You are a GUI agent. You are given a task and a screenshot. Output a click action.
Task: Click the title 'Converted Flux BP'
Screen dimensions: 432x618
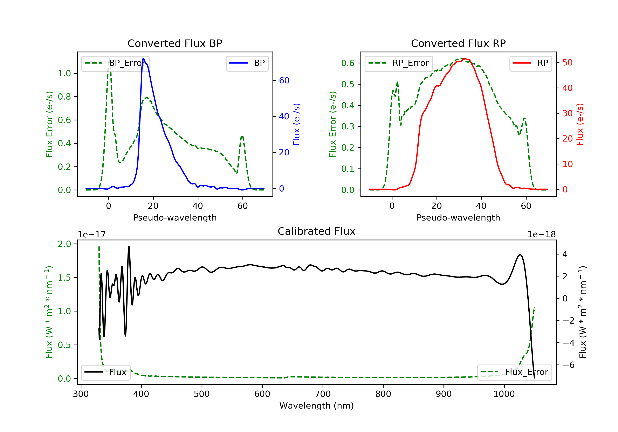[175, 43]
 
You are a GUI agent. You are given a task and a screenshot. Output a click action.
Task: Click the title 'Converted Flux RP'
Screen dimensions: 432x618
[458, 43]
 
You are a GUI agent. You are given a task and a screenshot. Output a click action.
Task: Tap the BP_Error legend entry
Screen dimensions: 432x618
[115, 63]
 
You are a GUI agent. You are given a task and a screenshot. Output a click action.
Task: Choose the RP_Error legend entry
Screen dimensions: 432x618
[399, 63]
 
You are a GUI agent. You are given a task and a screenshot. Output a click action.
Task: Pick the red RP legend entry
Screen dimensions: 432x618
[530, 63]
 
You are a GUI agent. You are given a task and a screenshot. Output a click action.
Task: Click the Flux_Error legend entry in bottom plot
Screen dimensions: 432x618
[514, 372]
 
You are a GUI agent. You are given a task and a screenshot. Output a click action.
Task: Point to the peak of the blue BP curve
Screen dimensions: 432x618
[143, 58]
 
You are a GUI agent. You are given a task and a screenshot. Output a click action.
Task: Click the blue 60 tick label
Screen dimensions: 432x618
[284, 80]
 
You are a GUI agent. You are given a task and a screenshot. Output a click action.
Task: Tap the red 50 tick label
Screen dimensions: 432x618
[567, 63]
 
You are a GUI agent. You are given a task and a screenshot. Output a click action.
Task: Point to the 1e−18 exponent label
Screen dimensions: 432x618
[541, 235]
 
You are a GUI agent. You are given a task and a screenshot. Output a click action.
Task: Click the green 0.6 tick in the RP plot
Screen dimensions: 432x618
[348, 63]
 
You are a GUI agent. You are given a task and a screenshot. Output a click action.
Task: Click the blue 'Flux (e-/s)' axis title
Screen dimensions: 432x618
[296, 124]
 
